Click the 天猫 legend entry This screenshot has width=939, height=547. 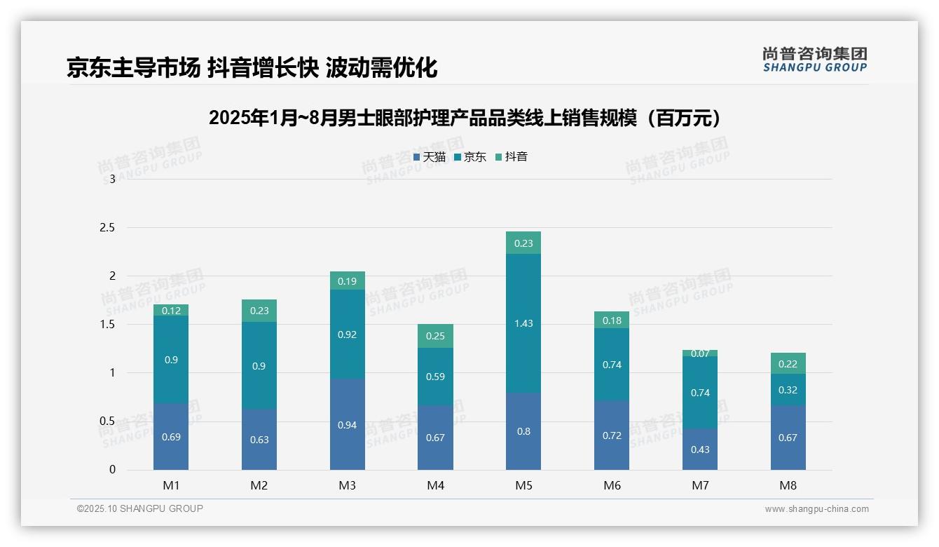[429, 157]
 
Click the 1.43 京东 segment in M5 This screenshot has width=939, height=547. [523, 323]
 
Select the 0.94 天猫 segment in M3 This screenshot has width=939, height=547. [348, 424]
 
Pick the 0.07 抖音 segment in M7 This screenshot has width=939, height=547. [700, 353]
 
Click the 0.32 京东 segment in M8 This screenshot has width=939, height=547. [788, 390]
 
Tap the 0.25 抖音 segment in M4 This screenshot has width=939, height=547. [435, 336]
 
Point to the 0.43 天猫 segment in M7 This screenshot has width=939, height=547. [700, 449]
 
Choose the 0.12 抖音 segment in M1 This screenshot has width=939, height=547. [171, 310]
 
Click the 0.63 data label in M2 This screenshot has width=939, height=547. [259, 440]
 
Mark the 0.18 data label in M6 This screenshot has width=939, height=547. [612, 320]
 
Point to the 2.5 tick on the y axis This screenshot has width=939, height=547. [107, 228]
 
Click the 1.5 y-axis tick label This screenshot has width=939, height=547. [107, 325]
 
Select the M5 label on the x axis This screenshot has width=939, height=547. [523, 485]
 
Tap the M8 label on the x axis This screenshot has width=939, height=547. [788, 485]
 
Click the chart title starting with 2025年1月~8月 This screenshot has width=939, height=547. [465, 118]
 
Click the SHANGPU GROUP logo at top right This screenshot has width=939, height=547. [814, 60]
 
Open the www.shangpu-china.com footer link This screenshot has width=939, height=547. [816, 509]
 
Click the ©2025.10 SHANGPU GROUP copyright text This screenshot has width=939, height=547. [140, 509]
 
